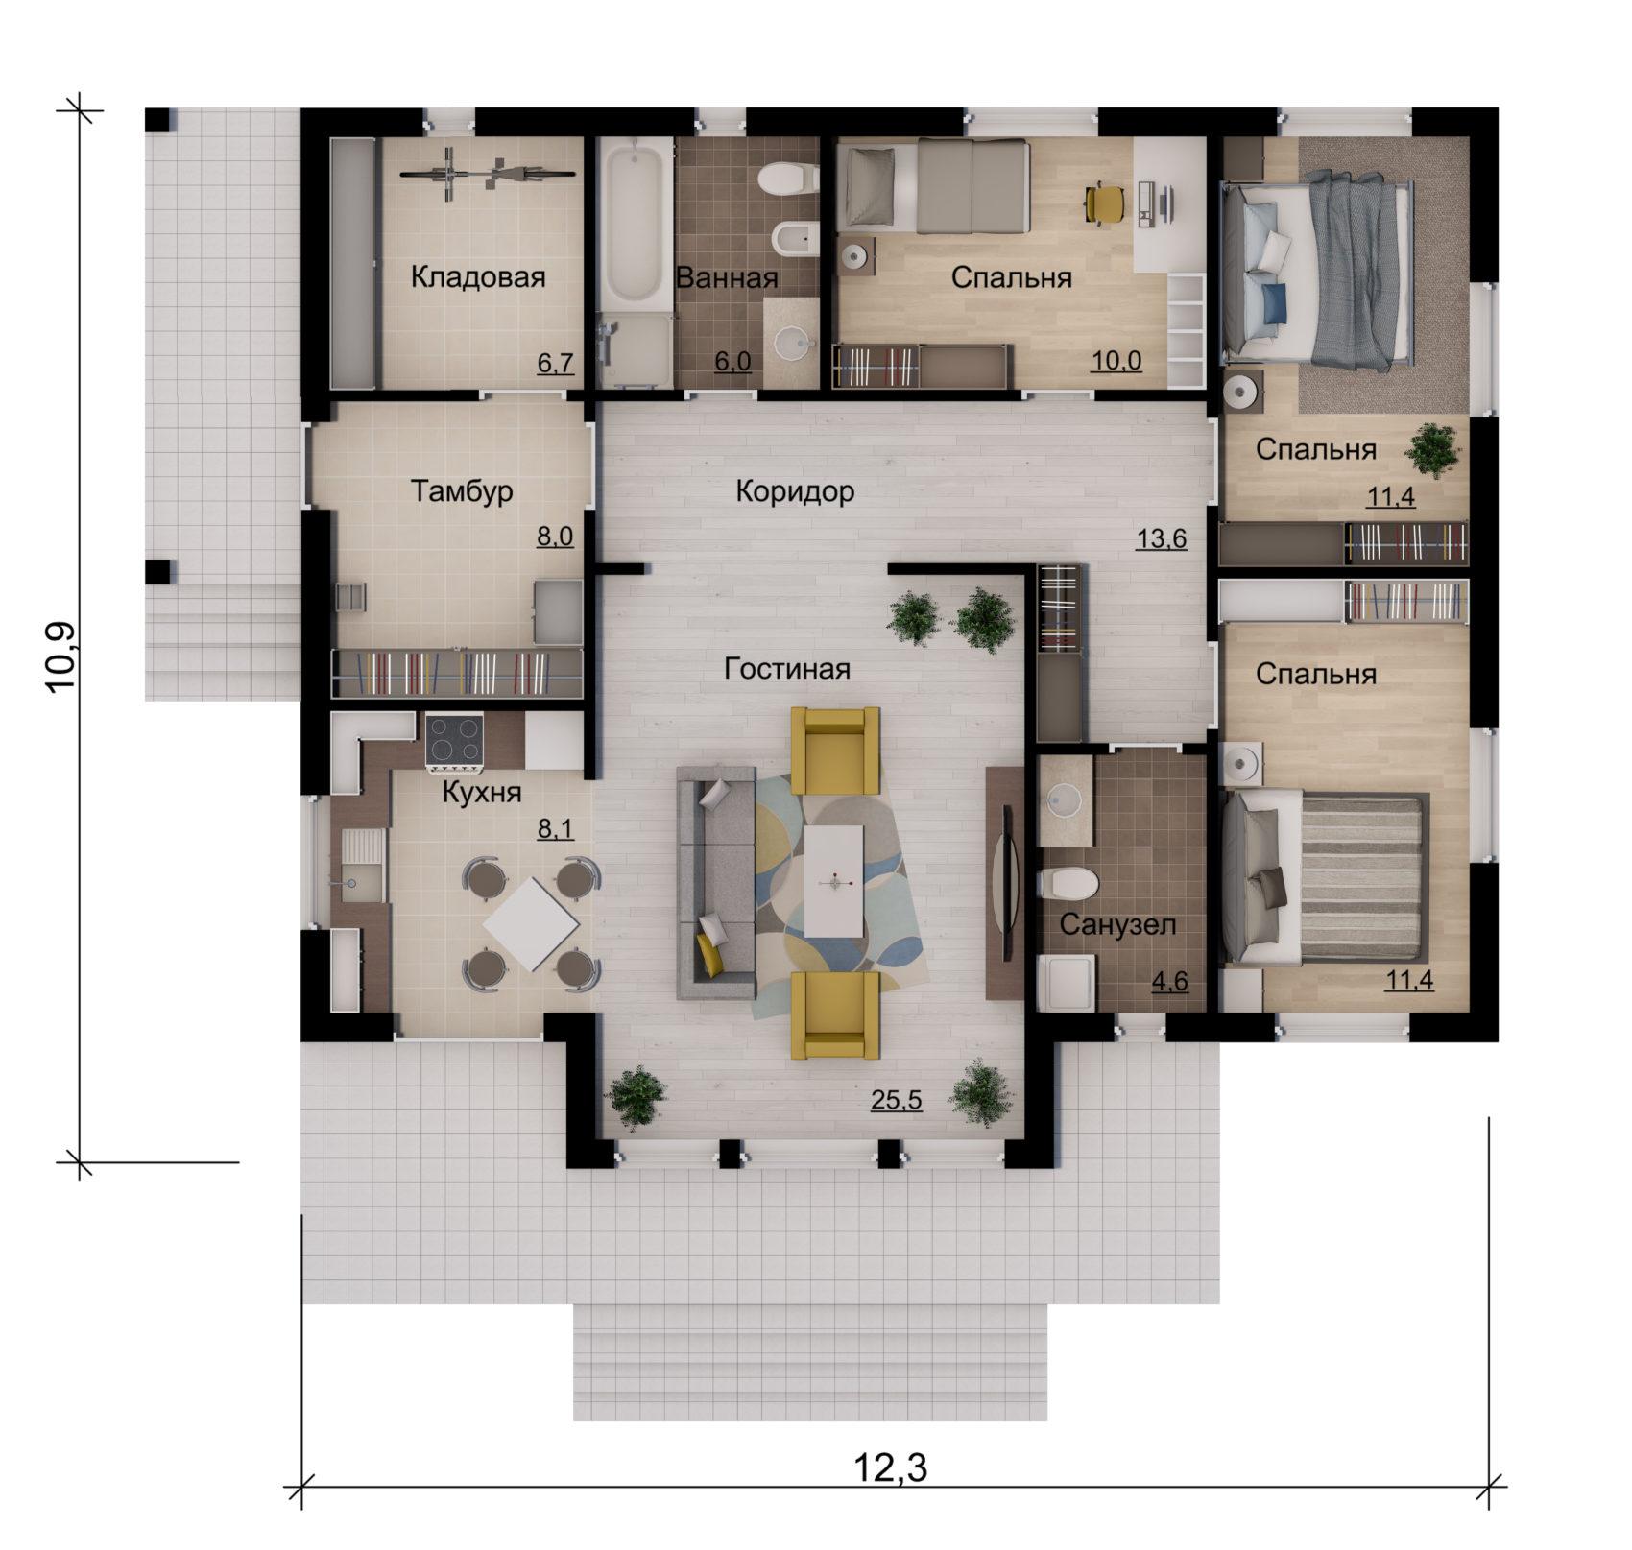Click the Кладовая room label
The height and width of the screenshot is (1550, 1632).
[x=478, y=277]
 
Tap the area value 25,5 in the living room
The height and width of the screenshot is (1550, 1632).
[x=896, y=1100]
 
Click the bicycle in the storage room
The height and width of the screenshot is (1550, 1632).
[x=488, y=174]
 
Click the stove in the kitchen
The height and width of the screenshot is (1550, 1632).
[x=454, y=743]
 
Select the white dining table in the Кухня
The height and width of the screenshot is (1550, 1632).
[x=531, y=925]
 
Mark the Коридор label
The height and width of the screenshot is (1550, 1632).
[x=795, y=491]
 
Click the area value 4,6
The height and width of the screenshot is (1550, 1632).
[x=1169, y=981]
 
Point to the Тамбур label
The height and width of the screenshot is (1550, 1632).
[x=462, y=490]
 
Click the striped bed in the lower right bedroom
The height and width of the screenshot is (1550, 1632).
[x=1325, y=875]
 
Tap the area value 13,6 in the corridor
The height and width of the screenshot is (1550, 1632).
[x=1162, y=539]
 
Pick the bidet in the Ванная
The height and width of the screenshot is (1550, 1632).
[x=796, y=239]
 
